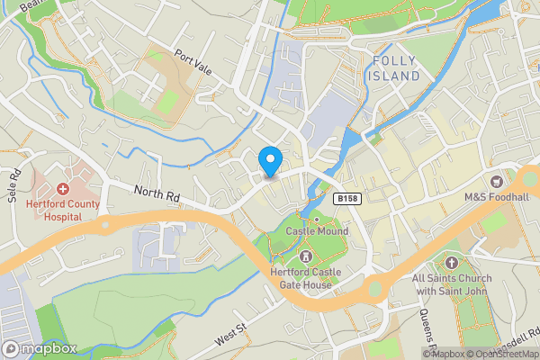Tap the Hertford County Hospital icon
tap(64, 190)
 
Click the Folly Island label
tap(396, 68)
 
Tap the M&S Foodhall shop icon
tap(496, 184)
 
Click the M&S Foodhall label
tap(496, 197)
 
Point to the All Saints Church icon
tap(450, 263)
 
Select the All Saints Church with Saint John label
tap(450, 284)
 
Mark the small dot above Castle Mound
tap(316, 220)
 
